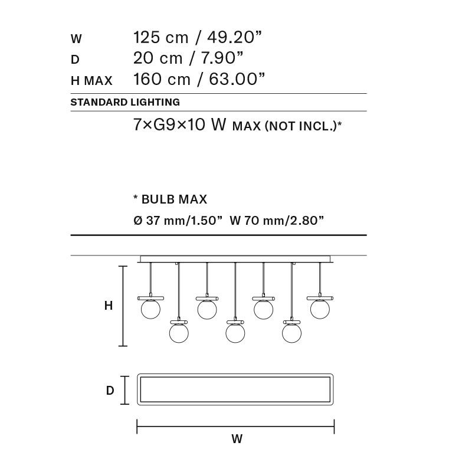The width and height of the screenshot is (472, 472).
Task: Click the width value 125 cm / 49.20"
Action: [198, 38]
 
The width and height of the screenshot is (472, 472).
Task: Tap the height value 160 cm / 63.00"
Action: [199, 79]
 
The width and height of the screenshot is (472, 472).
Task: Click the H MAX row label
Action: [91, 80]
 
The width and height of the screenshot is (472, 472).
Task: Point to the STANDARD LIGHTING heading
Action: [125, 102]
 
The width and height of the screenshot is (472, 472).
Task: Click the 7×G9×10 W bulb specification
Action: [181, 126]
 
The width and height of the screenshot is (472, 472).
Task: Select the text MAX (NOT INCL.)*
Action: [288, 126]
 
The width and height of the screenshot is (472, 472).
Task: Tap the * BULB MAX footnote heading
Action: [171, 199]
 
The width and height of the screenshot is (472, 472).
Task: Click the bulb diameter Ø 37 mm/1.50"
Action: [178, 221]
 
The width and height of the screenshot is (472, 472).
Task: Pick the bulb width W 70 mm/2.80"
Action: [277, 221]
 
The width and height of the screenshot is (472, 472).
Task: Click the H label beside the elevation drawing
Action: [108, 306]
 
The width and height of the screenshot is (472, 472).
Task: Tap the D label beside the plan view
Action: [110, 391]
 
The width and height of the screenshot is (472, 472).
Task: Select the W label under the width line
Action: [237, 439]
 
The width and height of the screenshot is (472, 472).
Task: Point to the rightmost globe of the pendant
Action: [319, 308]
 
